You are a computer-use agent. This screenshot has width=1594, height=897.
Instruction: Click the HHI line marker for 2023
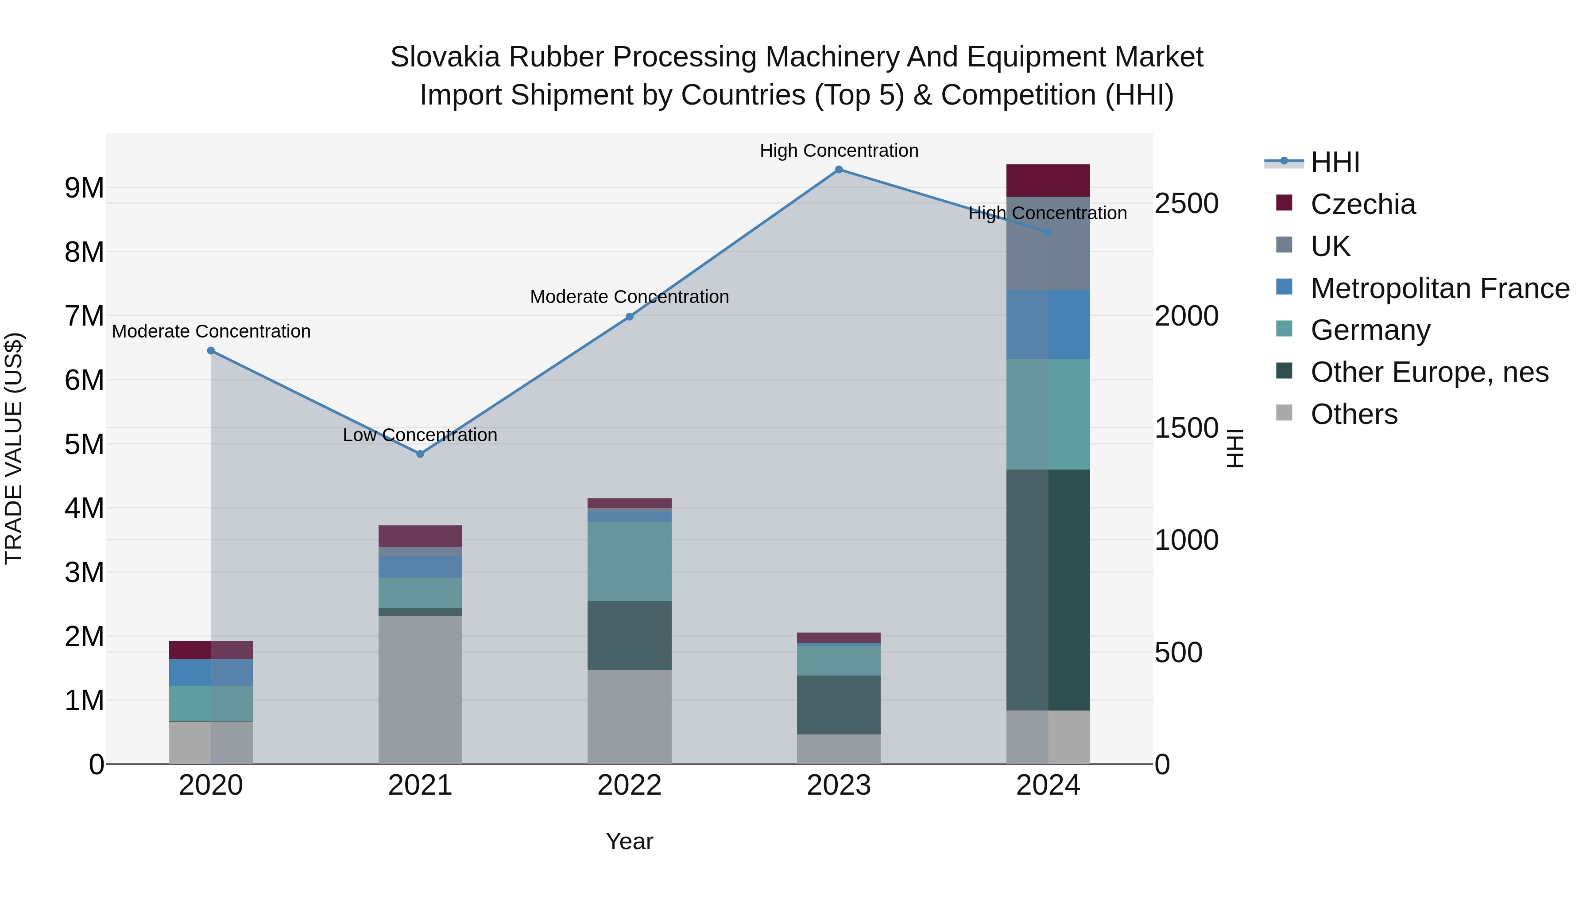click(839, 170)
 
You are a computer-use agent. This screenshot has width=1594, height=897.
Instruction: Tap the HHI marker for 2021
click(420, 454)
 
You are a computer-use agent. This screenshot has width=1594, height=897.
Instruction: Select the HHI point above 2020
click(211, 350)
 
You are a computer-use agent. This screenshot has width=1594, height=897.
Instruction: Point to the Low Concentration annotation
click(420, 435)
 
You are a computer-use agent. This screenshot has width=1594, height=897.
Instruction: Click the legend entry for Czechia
click(1362, 204)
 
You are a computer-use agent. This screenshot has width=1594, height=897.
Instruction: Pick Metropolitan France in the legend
click(1439, 288)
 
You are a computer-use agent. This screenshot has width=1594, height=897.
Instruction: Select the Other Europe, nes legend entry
click(1429, 372)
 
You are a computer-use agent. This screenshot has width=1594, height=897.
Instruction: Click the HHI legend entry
click(1335, 162)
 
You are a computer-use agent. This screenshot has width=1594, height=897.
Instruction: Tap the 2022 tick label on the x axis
click(629, 785)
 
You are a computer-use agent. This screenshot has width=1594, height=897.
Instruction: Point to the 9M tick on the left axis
click(85, 187)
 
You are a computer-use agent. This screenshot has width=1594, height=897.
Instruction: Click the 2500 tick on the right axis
click(1186, 204)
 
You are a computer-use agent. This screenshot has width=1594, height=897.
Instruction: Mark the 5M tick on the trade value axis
click(85, 444)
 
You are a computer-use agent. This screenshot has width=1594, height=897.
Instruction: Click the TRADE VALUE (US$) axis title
click(14, 448)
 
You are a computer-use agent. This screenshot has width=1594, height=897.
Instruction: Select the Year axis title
click(629, 841)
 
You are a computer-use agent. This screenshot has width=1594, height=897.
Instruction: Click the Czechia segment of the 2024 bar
click(1048, 181)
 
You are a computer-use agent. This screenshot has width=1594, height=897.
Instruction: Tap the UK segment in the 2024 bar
click(1048, 243)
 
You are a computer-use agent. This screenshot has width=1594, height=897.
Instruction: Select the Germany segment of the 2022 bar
click(629, 561)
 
